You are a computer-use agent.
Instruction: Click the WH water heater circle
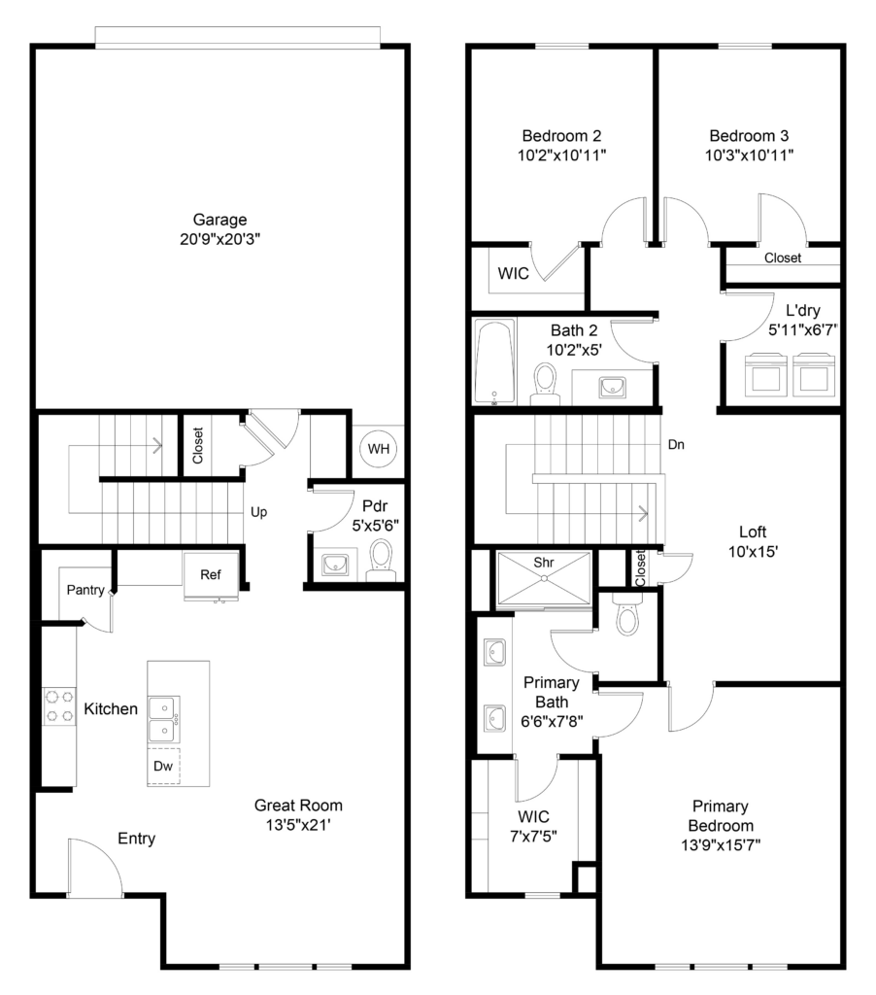coord(378,449)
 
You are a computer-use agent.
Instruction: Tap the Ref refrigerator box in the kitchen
coord(211,575)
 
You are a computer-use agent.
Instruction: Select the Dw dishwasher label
coord(163,766)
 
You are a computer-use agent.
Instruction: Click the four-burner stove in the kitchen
coord(59,706)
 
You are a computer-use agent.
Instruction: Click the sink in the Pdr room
coord(334,564)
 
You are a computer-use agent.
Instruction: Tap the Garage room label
coord(220,220)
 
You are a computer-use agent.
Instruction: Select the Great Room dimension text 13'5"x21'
coord(298,825)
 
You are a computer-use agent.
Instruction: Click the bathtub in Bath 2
coord(494,362)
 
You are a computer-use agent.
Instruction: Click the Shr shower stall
coord(544,578)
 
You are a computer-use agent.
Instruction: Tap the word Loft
coord(753,532)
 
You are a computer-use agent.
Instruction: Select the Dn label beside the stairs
coord(676,445)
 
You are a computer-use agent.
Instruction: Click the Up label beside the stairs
coord(258,512)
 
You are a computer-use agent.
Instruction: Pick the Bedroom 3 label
coord(749,136)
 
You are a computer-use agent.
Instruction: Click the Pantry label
coord(85,590)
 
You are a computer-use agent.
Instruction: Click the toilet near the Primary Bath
coord(627,614)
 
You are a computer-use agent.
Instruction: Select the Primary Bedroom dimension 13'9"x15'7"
coord(721,845)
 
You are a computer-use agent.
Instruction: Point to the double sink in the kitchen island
coord(164,719)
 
